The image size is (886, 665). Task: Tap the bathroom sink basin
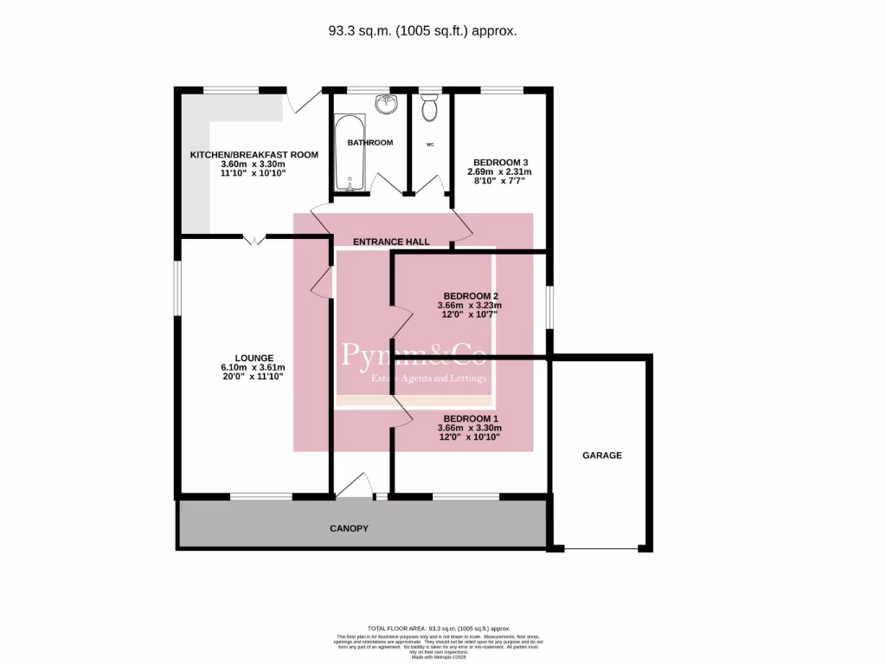(x=385, y=105)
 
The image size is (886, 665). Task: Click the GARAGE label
(x=601, y=455)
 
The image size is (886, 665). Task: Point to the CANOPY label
(x=349, y=528)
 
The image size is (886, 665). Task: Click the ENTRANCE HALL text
(x=390, y=242)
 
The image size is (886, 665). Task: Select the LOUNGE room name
(x=254, y=358)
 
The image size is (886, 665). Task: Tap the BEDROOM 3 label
(x=500, y=162)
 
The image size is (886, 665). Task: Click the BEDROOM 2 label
(x=470, y=295)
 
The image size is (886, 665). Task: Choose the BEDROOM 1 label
(x=470, y=417)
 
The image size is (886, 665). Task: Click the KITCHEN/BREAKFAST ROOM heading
(x=254, y=154)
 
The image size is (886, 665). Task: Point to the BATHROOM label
(x=370, y=142)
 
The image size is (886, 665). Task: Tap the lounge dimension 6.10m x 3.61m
(x=254, y=367)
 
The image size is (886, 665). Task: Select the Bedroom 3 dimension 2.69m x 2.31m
(x=500, y=172)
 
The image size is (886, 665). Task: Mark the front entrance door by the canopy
(x=352, y=488)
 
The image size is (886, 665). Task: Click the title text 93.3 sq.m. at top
(x=422, y=30)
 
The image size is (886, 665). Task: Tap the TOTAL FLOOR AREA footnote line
(x=439, y=628)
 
